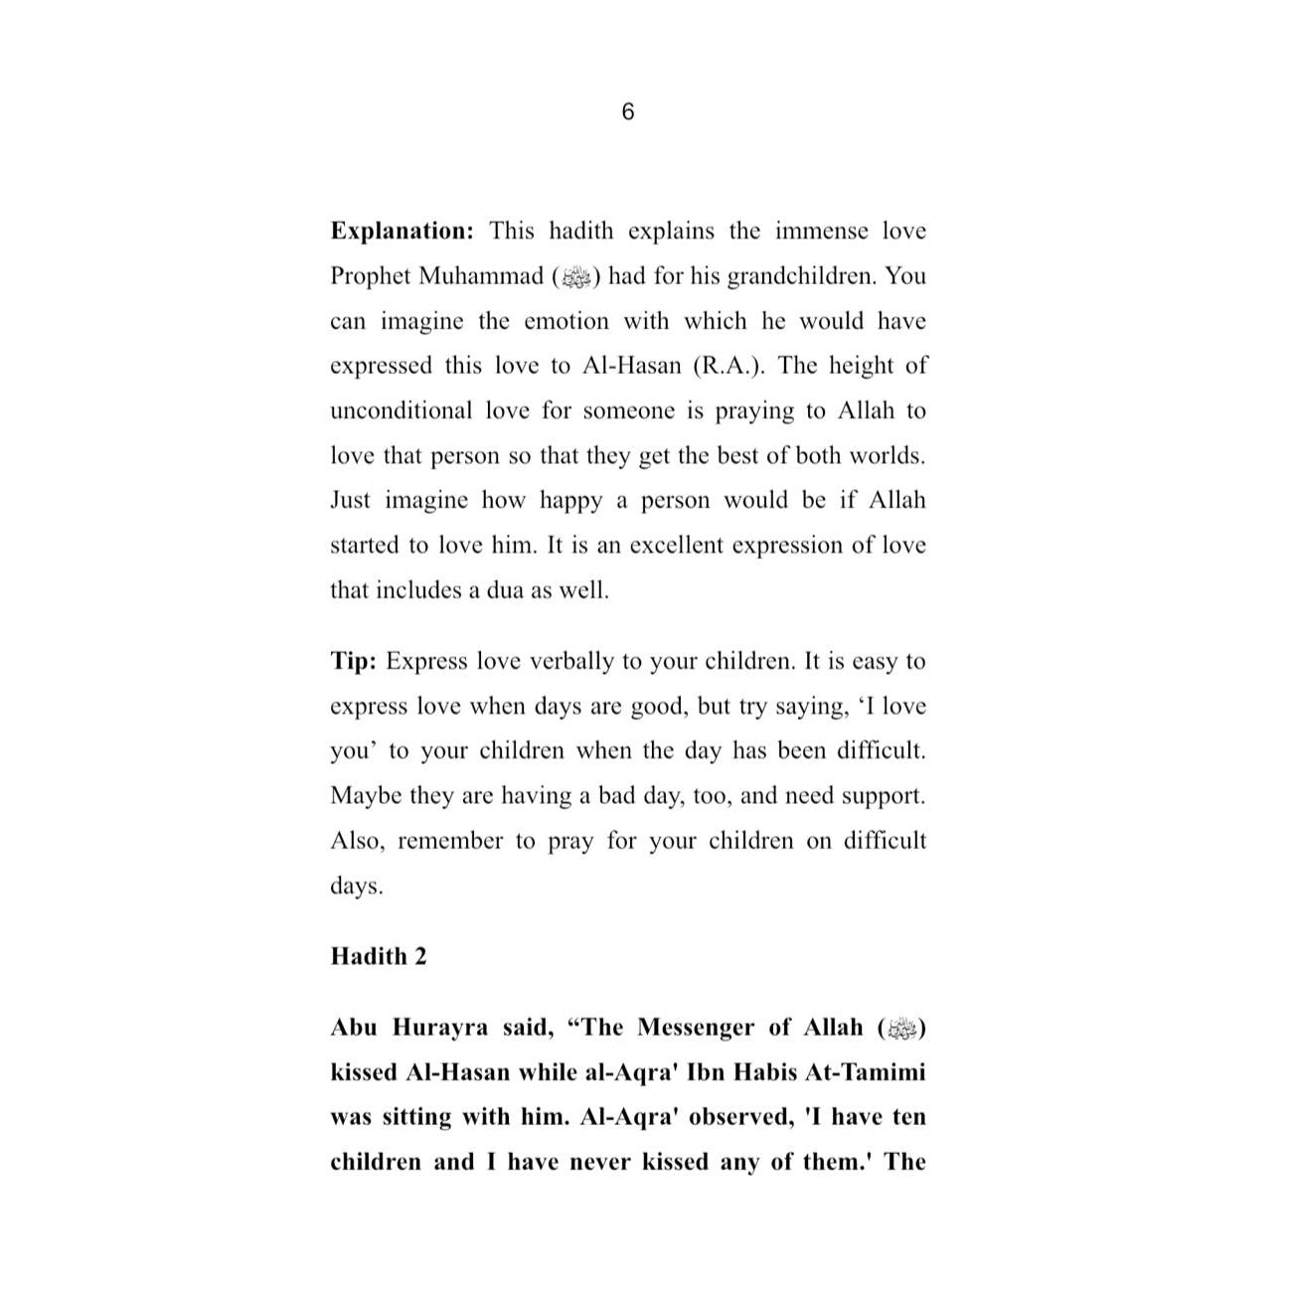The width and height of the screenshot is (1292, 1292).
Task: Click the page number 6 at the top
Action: click(x=627, y=112)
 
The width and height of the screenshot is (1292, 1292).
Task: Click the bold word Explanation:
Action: click(x=403, y=232)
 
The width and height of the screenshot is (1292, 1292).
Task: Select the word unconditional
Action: click(x=402, y=410)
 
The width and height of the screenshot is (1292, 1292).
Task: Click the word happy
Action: click(x=570, y=500)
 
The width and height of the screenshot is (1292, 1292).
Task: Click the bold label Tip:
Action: click(x=353, y=661)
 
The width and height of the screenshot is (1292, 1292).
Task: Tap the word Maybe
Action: click(x=365, y=796)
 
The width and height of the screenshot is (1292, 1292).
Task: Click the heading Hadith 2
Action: click(x=378, y=956)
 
